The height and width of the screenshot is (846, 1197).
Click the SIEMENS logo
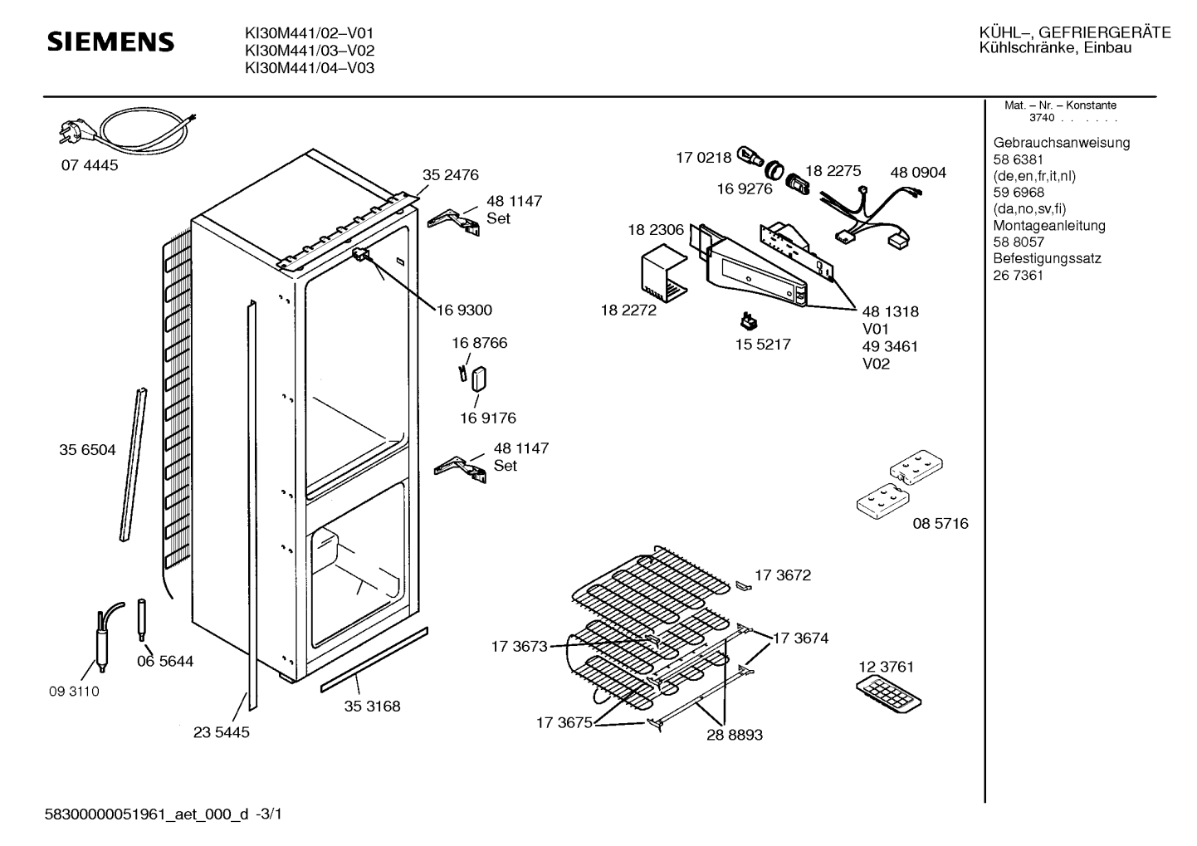pos(110,42)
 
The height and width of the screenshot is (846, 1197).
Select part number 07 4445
pos(90,165)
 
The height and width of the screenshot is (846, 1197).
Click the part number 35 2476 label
pos(451,174)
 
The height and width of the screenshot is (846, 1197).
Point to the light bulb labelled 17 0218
pos(750,158)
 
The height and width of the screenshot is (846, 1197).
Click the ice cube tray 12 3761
pos(888,695)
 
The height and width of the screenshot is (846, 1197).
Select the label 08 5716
pos(940,523)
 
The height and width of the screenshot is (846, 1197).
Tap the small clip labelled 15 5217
pos(750,321)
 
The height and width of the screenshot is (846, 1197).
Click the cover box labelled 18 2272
pos(664,271)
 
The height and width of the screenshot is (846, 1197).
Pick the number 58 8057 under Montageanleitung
pos(1019,242)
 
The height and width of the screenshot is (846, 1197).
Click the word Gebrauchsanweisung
pos(1062,143)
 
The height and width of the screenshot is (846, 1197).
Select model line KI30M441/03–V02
pos(310,51)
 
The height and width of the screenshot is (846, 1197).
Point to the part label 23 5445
pos(222,732)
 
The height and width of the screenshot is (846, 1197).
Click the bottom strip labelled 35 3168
pos(374,660)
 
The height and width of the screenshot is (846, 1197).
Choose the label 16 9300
pos(464,310)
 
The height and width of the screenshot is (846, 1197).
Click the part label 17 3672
pos(783,575)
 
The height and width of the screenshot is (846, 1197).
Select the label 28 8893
pos(735,735)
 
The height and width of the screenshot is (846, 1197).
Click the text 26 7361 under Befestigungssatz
pos(1018,276)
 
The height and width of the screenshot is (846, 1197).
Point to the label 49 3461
pos(890,346)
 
